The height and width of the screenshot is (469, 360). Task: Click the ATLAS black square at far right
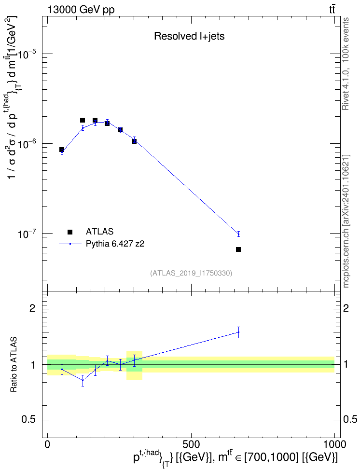tap(238, 249)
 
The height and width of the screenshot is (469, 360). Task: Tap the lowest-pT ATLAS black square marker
tap(62, 150)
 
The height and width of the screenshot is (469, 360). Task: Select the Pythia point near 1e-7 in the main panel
tap(238, 234)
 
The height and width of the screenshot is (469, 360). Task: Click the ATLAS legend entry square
tap(70, 232)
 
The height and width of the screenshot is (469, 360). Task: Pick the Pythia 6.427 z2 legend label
tap(115, 244)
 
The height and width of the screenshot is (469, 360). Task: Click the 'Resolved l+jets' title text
tap(189, 36)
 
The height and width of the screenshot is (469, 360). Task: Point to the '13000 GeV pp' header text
tap(81, 10)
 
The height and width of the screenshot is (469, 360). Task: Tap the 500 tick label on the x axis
tap(191, 443)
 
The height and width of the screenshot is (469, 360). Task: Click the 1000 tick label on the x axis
tap(334, 443)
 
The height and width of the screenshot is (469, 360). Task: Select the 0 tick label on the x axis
tap(47, 443)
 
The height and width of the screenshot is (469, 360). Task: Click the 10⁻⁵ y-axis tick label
tap(28, 54)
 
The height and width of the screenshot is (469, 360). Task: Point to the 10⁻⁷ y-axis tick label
tap(28, 234)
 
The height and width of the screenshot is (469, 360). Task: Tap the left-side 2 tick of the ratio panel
tap(32, 308)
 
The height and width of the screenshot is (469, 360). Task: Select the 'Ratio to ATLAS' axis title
tap(13, 365)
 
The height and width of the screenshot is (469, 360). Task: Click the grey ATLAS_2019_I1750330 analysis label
tap(191, 273)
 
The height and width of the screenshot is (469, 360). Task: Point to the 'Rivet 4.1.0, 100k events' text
tap(346, 64)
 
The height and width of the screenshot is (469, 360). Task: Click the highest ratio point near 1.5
tap(238, 332)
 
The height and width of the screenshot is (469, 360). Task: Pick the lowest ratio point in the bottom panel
tap(83, 380)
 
